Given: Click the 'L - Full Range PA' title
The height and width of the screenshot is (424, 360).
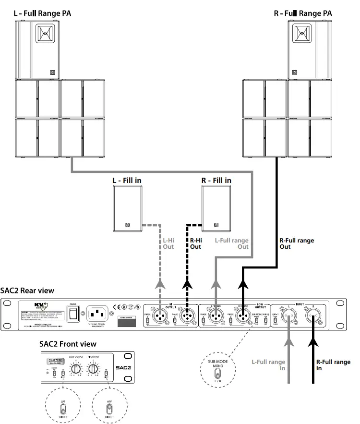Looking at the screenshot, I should click(43, 13).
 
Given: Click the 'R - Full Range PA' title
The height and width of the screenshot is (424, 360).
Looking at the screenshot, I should click(303, 13).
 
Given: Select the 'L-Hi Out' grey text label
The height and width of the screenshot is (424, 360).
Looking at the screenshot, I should click(168, 243).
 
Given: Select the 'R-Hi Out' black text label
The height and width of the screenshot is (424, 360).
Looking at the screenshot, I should click(195, 243).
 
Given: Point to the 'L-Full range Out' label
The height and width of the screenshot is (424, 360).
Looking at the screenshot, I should click(231, 243).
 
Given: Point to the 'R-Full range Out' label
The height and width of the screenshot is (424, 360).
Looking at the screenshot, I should click(296, 243).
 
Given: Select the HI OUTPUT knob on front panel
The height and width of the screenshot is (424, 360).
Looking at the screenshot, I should click(93, 369).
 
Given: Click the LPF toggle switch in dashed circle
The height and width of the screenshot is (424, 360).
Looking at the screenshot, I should click(62, 409).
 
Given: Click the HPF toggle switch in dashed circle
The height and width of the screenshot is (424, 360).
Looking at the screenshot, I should click(109, 409).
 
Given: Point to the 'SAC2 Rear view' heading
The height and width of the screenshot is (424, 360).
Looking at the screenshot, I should click(27, 290).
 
